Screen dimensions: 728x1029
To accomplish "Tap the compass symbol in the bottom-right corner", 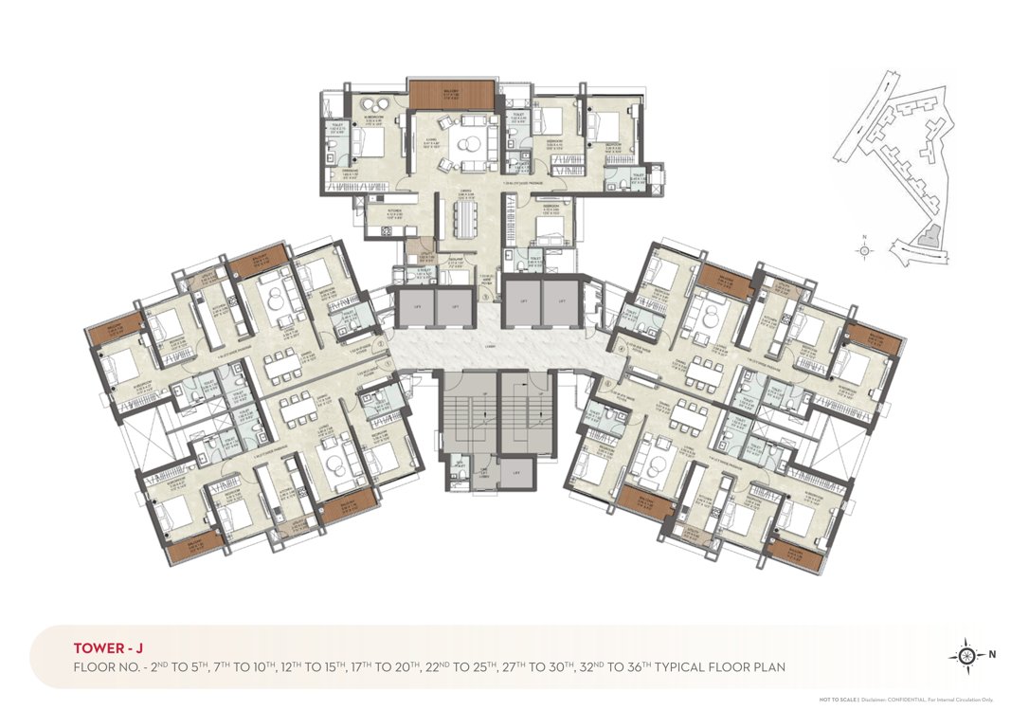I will [x=966, y=654].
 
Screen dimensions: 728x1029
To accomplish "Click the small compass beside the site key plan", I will [x=864, y=250].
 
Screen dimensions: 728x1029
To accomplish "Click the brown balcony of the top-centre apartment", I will [x=452, y=93].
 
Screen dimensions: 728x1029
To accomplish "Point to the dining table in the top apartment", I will [x=464, y=220].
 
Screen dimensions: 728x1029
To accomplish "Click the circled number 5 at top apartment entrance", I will [x=484, y=296].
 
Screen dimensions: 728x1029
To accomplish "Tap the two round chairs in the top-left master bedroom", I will [x=370, y=105].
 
